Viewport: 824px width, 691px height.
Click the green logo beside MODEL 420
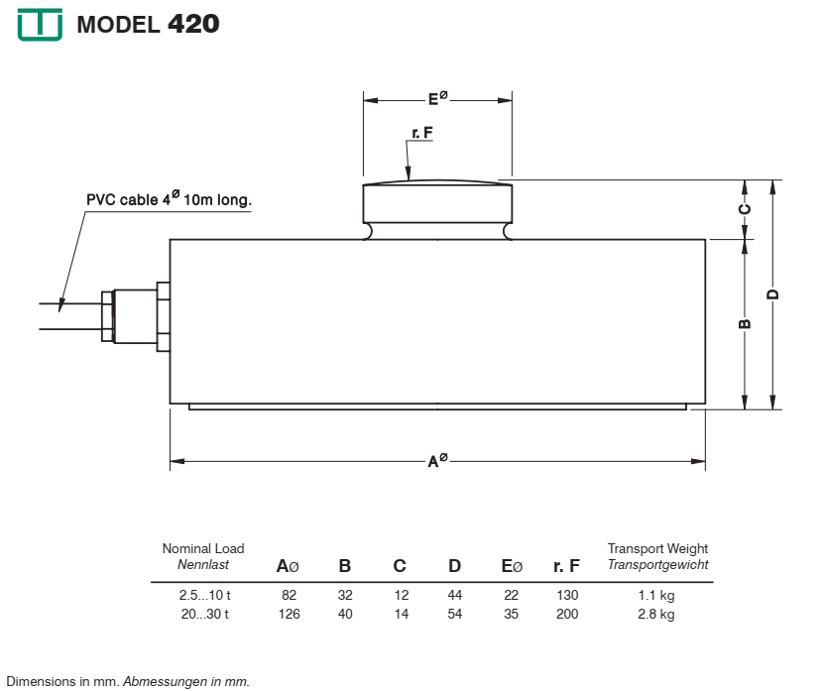coord(40,24)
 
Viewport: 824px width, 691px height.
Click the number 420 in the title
coord(193,24)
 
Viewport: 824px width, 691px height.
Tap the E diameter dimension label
coord(437,98)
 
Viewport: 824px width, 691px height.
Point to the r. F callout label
coord(422,133)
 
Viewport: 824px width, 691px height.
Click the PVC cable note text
coord(169,199)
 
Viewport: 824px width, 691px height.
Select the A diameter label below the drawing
coord(437,460)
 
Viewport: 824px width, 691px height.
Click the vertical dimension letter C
coord(745,209)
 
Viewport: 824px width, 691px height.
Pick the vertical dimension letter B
coord(745,323)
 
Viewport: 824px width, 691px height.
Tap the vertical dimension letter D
coord(772,293)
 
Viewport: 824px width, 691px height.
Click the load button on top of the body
coord(437,209)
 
